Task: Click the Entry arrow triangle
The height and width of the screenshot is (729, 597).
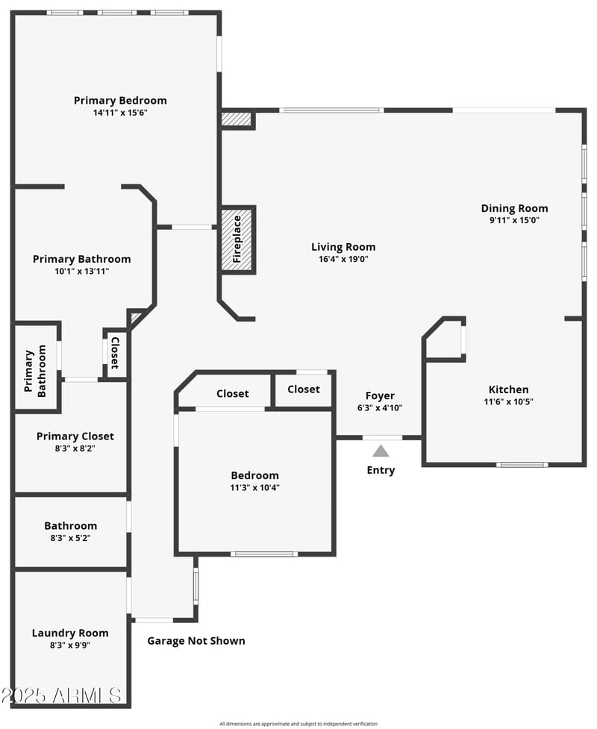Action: click(381, 451)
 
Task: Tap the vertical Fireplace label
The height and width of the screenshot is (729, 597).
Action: click(237, 240)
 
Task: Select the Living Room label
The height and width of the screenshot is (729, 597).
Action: click(343, 247)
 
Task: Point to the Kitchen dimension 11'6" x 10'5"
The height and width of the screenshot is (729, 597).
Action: click(508, 401)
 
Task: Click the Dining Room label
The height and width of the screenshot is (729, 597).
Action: click(514, 208)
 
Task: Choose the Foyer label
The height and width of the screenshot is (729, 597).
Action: click(380, 395)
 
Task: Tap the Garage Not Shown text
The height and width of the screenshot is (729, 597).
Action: click(196, 640)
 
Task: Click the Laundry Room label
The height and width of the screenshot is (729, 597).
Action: click(69, 633)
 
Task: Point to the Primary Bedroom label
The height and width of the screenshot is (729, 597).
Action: click(120, 100)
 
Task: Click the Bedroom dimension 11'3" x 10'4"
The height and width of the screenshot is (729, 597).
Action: click(254, 488)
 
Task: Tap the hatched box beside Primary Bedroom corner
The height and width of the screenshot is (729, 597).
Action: click(236, 119)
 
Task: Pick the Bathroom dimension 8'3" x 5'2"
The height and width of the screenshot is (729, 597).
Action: click(70, 537)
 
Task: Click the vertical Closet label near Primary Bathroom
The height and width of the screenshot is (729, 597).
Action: click(115, 353)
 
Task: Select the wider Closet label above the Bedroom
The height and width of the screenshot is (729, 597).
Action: click(232, 393)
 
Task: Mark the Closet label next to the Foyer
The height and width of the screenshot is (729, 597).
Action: click(304, 389)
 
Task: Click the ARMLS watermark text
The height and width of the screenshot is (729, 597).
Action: click(63, 695)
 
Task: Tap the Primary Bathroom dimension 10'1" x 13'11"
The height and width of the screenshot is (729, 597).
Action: click(81, 271)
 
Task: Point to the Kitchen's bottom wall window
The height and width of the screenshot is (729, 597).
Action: click(522, 465)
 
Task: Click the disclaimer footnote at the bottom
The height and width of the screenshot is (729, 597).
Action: click(298, 724)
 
